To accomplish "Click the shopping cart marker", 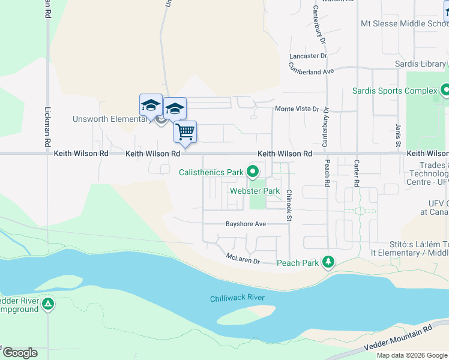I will tap(185, 131).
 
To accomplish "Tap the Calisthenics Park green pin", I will tap(253, 172).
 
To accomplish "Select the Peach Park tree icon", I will tap(328, 262).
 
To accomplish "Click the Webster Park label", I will tap(255, 191).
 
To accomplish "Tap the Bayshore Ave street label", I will tap(245, 224).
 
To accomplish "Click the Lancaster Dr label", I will tap(307, 56).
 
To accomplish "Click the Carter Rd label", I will tap(357, 172).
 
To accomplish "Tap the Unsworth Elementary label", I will tap(111, 119).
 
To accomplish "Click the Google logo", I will tap(20, 353).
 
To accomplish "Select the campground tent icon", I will tap(48, 304).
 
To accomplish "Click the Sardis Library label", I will tap(420, 64).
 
